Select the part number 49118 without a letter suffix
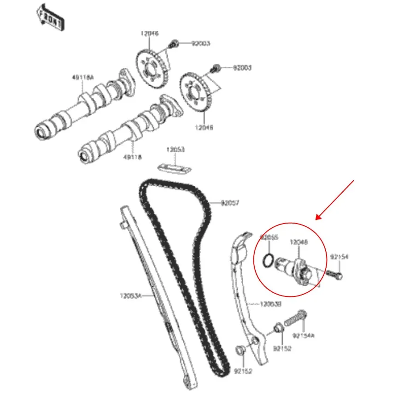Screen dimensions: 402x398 pyautogui.click(x=132, y=157)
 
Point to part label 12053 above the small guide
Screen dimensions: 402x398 pyautogui.click(x=175, y=150)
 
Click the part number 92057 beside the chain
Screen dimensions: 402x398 pyautogui.click(x=230, y=203)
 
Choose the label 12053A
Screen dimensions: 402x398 pyautogui.click(x=131, y=296)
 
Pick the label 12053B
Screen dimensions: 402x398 pyautogui.click(x=270, y=304)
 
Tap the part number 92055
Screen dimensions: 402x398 pyautogui.click(x=269, y=237)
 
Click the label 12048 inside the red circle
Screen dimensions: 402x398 pyautogui.click(x=298, y=242)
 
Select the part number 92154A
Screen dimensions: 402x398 pyautogui.click(x=303, y=336)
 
